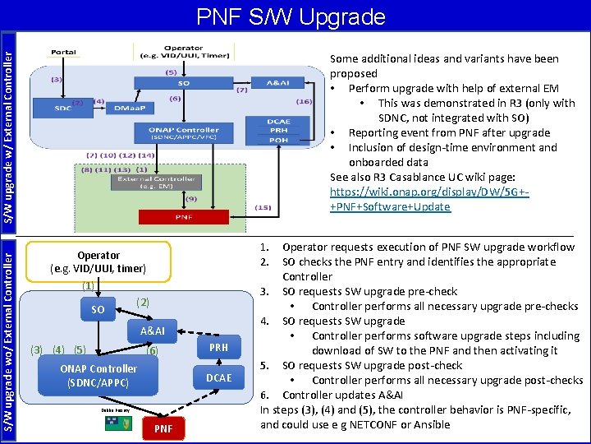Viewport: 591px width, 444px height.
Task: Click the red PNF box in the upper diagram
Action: coord(183,217)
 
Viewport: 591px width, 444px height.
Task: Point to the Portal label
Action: coord(63,51)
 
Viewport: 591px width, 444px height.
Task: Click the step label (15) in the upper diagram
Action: coord(265,208)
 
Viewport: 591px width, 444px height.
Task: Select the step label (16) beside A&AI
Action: coord(304,101)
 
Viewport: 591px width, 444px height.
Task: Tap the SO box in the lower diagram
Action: coord(98,310)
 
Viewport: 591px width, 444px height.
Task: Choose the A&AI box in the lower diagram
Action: coord(153,331)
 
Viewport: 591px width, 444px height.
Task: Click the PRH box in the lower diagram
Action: coord(218,348)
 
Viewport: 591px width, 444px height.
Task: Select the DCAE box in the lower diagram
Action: coord(219,377)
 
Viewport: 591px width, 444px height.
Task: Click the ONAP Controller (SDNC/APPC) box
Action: coord(98,376)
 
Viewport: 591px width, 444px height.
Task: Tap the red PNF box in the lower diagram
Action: coord(163,428)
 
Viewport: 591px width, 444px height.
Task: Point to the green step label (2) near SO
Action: coord(143,303)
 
